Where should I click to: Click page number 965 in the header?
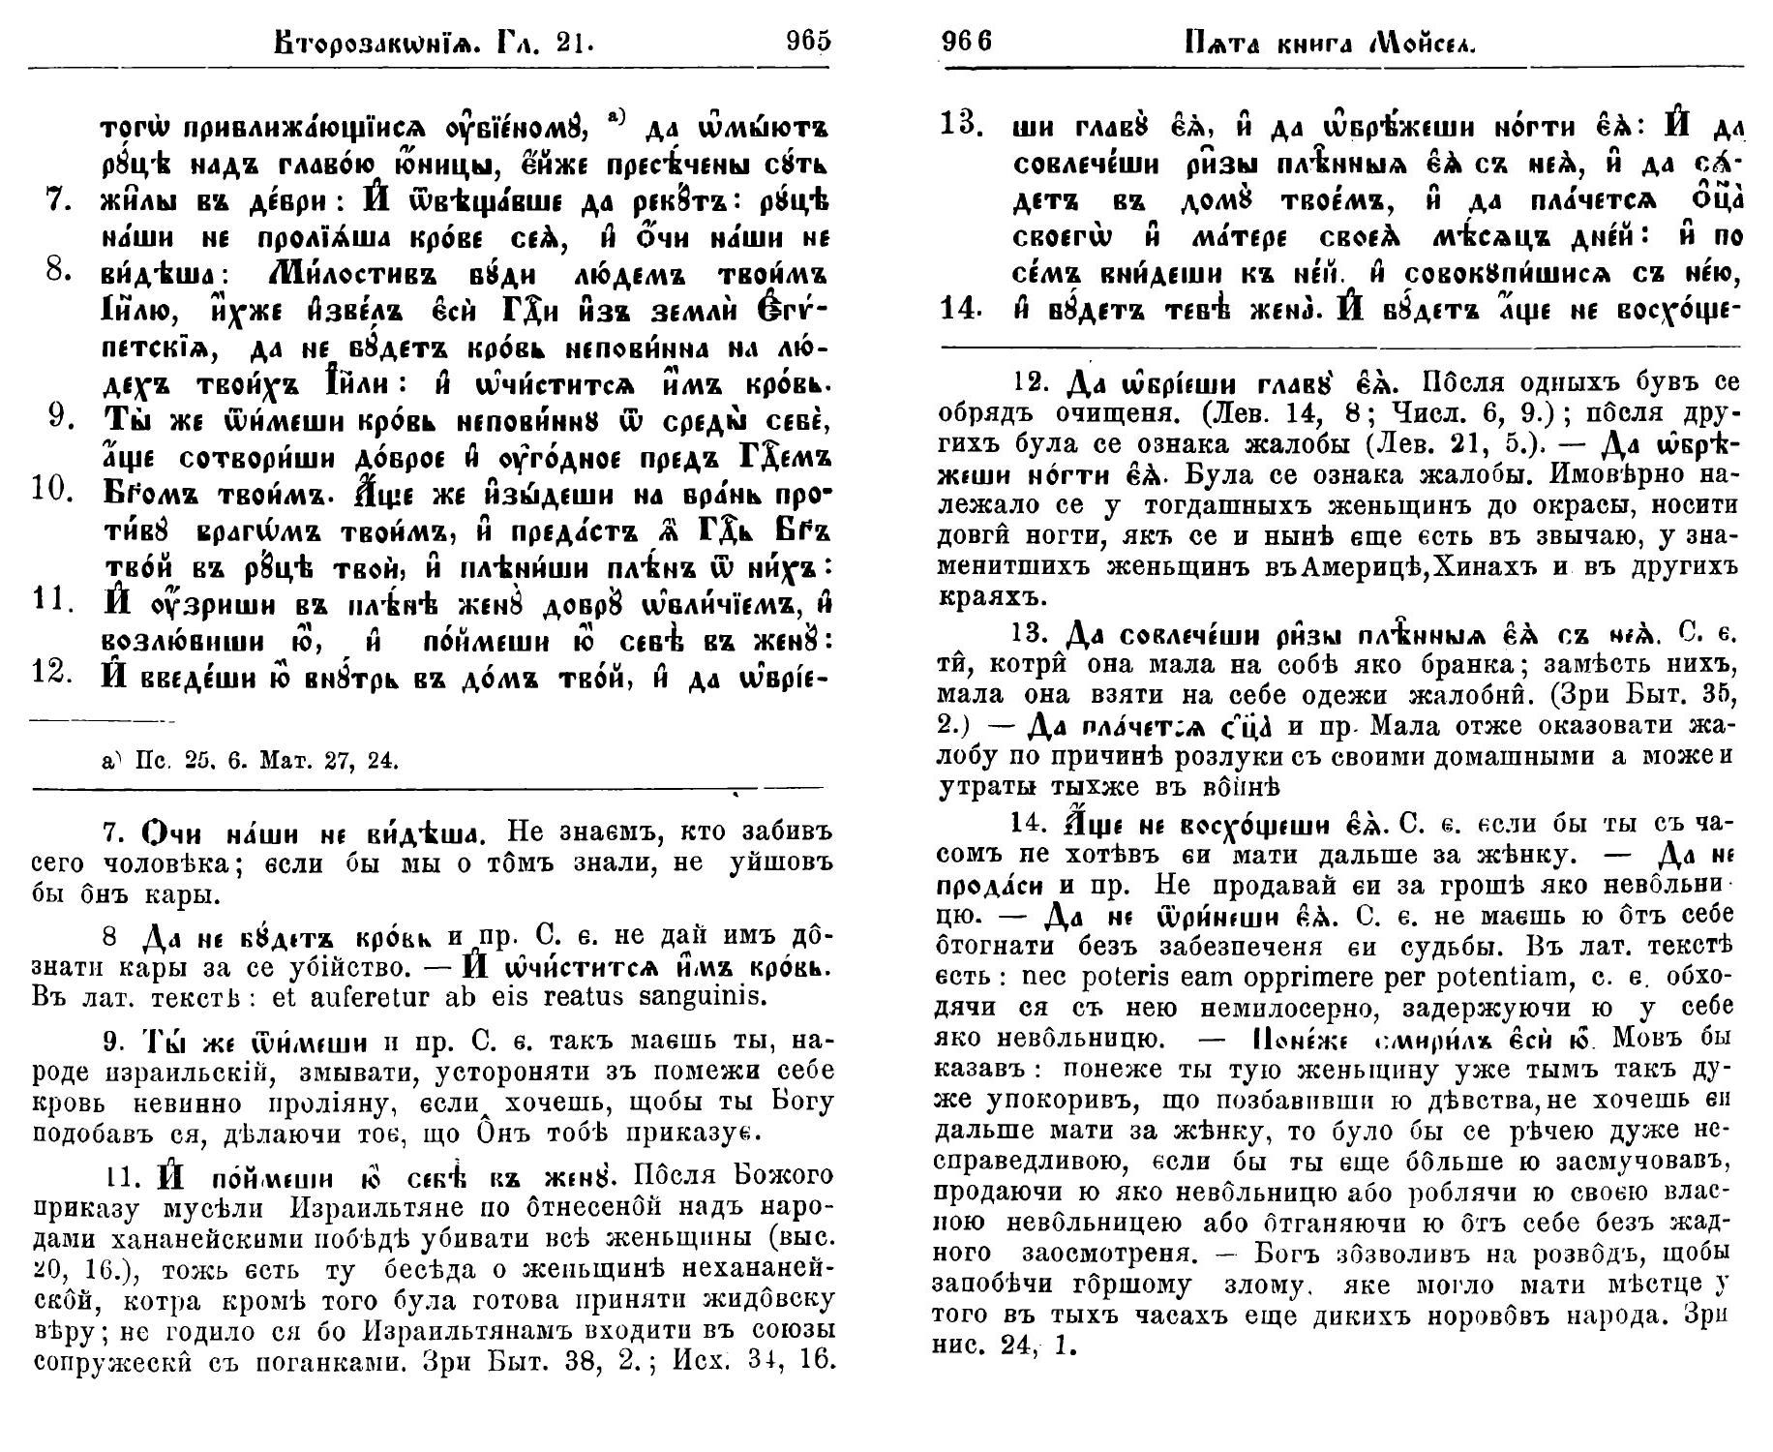coord(809,41)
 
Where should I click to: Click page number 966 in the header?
coord(967,42)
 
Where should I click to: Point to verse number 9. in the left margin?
coord(60,416)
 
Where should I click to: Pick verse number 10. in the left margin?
coord(54,489)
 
